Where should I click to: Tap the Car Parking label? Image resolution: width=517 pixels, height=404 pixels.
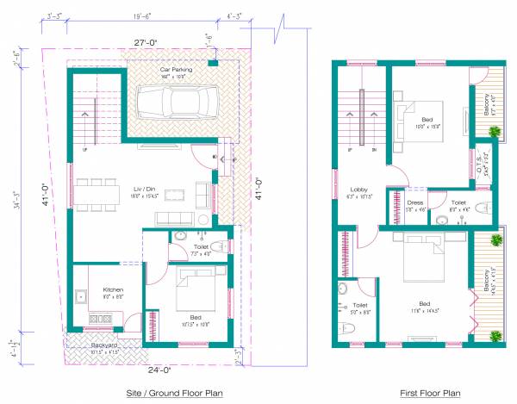[176, 69]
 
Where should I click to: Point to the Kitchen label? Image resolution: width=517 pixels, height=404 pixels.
[114, 289]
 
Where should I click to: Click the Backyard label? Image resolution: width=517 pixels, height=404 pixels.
[104, 346]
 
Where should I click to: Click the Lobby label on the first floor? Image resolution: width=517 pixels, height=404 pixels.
[359, 190]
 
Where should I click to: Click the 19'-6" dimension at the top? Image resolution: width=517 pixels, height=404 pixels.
[142, 16]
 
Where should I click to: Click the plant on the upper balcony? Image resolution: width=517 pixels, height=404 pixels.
[495, 131]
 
